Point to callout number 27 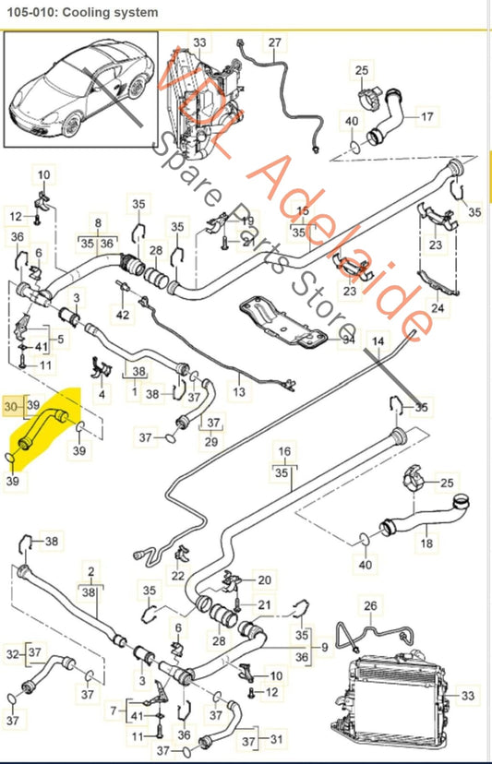274,42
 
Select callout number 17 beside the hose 426,116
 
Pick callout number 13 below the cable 240,392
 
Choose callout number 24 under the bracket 438,308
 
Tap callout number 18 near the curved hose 426,544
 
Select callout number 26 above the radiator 370,606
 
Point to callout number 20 265,579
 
